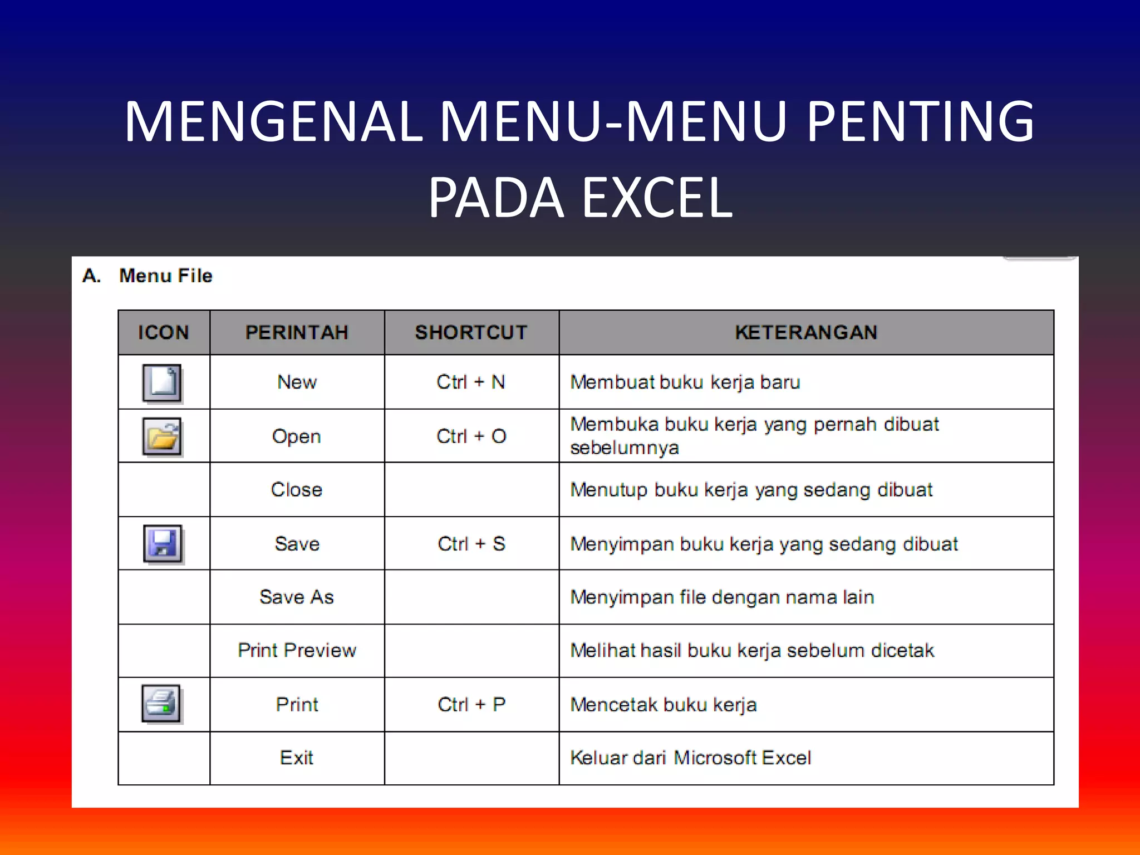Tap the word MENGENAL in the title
pyautogui.click(x=273, y=121)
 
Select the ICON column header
pyautogui.click(x=164, y=332)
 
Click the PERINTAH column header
pyautogui.click(x=297, y=332)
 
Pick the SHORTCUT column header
pyautogui.click(x=471, y=332)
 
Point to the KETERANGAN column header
pyautogui.click(x=806, y=332)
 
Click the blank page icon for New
pyautogui.click(x=162, y=383)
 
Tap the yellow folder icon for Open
pyautogui.click(x=162, y=436)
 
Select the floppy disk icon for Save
pyautogui.click(x=163, y=543)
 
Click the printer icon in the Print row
pyautogui.click(x=161, y=704)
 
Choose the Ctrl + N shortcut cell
pyautogui.click(x=471, y=382)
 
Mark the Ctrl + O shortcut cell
pyautogui.click(x=471, y=436)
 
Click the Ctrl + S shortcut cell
pyautogui.click(x=471, y=544)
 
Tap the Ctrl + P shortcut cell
pyautogui.click(x=471, y=705)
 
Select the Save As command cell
pyautogui.click(x=297, y=597)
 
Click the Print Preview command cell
pyautogui.click(x=297, y=650)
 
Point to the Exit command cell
pyautogui.click(x=297, y=758)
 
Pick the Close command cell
pyautogui.click(x=297, y=490)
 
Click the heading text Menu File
pyautogui.click(x=166, y=276)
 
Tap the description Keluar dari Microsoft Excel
pyautogui.click(x=690, y=758)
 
